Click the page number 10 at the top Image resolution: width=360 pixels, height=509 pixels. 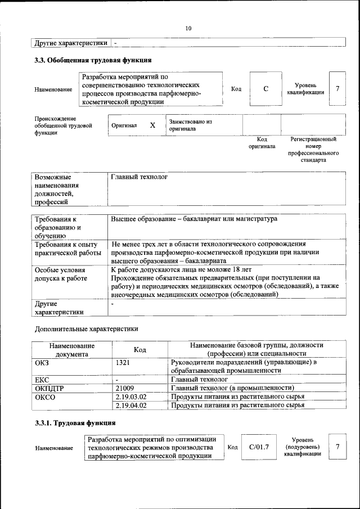tap(188, 29)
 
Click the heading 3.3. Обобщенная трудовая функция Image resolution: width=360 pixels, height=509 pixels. tap(93, 60)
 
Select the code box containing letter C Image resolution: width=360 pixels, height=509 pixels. tap(265, 89)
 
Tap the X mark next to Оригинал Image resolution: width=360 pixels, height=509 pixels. tap(152, 125)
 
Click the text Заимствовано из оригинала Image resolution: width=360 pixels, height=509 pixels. tap(190, 125)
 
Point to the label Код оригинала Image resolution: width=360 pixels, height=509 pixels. tap(262, 142)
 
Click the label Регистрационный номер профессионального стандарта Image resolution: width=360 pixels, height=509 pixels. tap(313, 149)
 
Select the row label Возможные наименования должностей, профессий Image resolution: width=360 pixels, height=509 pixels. tap(57, 190)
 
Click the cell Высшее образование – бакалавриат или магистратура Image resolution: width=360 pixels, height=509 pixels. tap(194, 219)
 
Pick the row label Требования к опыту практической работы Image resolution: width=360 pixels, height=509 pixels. tap(66, 249)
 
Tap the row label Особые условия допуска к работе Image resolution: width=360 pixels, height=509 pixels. tap(61, 274)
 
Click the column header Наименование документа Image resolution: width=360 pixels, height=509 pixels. tap(71, 349)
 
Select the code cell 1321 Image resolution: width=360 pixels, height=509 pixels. tap(123, 363)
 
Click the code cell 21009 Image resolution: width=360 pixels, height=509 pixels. tap(125, 388)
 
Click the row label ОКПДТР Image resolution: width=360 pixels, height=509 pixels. tap(49, 388)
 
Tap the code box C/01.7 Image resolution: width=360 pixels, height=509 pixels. tap(259, 447)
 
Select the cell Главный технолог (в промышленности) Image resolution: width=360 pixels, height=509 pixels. tap(232, 388)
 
